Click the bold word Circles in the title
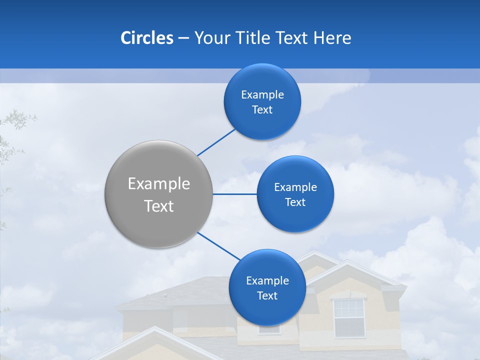[x=146, y=38]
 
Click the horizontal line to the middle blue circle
[x=235, y=194]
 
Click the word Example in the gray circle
[x=159, y=184]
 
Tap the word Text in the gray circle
[x=159, y=206]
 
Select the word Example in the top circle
[x=262, y=95]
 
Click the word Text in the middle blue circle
[x=295, y=202]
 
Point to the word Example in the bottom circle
[x=267, y=281]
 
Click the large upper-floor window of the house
[x=349, y=317]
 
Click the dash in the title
[x=183, y=38]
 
